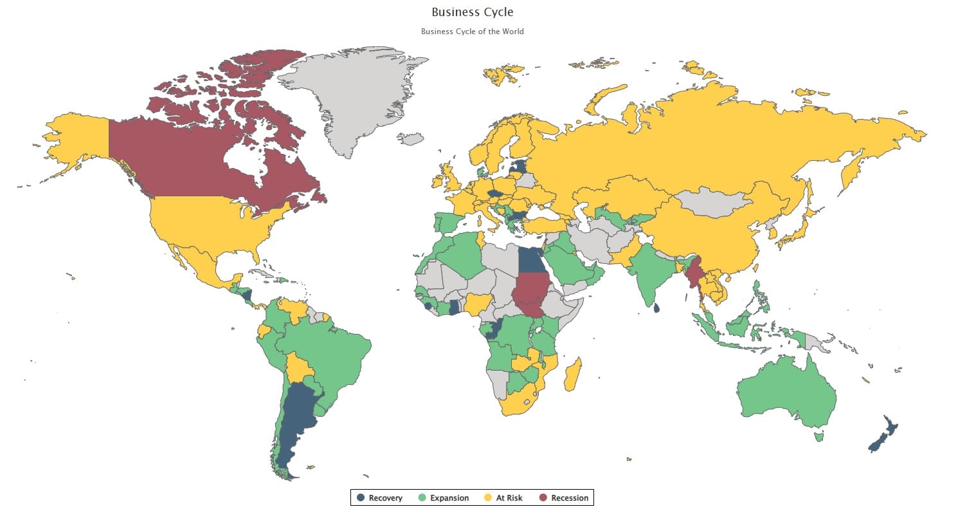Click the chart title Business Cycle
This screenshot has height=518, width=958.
point(472,12)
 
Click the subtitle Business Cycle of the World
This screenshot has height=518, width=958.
point(472,32)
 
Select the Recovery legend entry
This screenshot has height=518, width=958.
point(380,498)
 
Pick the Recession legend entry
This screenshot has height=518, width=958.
point(563,498)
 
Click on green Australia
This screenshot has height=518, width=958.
point(784,393)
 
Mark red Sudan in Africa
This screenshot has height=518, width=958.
point(530,293)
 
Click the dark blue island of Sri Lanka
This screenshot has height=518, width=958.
point(656,308)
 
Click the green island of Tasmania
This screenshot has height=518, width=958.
point(818,437)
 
